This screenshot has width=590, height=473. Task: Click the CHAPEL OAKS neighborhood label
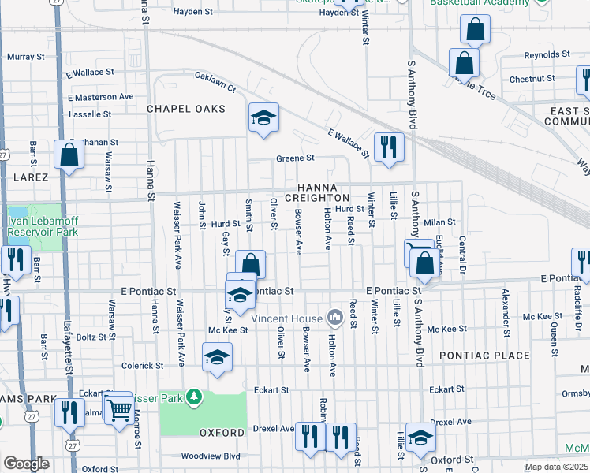[181, 108]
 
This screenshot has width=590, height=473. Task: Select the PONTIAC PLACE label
[484, 356]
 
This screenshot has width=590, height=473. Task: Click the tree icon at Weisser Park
[194, 398]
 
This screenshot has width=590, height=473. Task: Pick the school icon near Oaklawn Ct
[264, 120]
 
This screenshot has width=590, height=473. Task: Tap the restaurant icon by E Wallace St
[389, 147]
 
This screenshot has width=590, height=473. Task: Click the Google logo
[26, 464]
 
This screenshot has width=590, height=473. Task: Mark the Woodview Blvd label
[210, 456]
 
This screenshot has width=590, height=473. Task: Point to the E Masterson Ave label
[100, 97]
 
